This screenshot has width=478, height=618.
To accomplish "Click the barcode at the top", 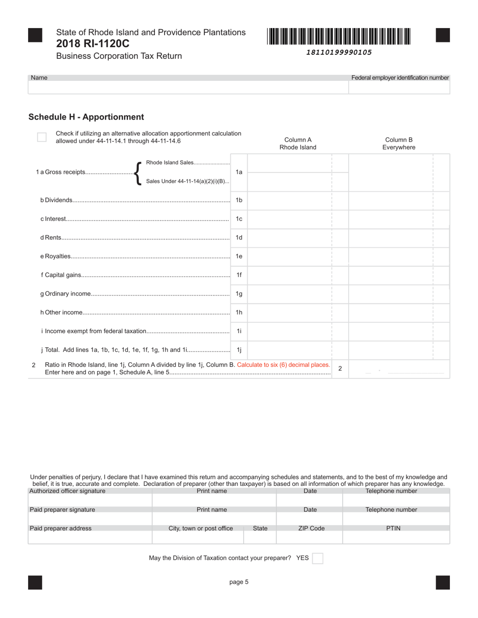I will (x=339, y=37).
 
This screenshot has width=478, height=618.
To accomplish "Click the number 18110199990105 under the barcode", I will (x=339, y=52).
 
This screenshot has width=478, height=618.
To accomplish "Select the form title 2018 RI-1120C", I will (x=93, y=44).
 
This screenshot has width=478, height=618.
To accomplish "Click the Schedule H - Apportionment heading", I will (x=86, y=117).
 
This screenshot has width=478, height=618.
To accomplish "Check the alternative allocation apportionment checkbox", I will (x=42, y=137).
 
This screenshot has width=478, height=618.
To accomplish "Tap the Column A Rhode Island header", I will (x=298, y=144).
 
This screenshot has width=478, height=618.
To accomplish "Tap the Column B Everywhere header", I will (x=399, y=144).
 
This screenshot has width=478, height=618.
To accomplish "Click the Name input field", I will (x=188, y=87).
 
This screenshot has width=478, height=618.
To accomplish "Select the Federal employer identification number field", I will (x=399, y=87).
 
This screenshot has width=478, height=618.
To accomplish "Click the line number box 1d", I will (x=239, y=238).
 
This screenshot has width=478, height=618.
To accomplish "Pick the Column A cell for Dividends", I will (x=289, y=200).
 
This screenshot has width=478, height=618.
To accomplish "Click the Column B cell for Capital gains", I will (x=390, y=275).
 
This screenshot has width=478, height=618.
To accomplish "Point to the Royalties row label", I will (x=56, y=256).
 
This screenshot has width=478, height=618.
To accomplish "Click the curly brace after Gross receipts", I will (x=138, y=172).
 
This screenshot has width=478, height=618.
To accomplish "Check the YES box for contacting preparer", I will (x=317, y=558).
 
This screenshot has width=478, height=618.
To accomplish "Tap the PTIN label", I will (x=393, y=528).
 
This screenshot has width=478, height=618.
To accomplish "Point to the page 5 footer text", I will (x=239, y=582).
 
